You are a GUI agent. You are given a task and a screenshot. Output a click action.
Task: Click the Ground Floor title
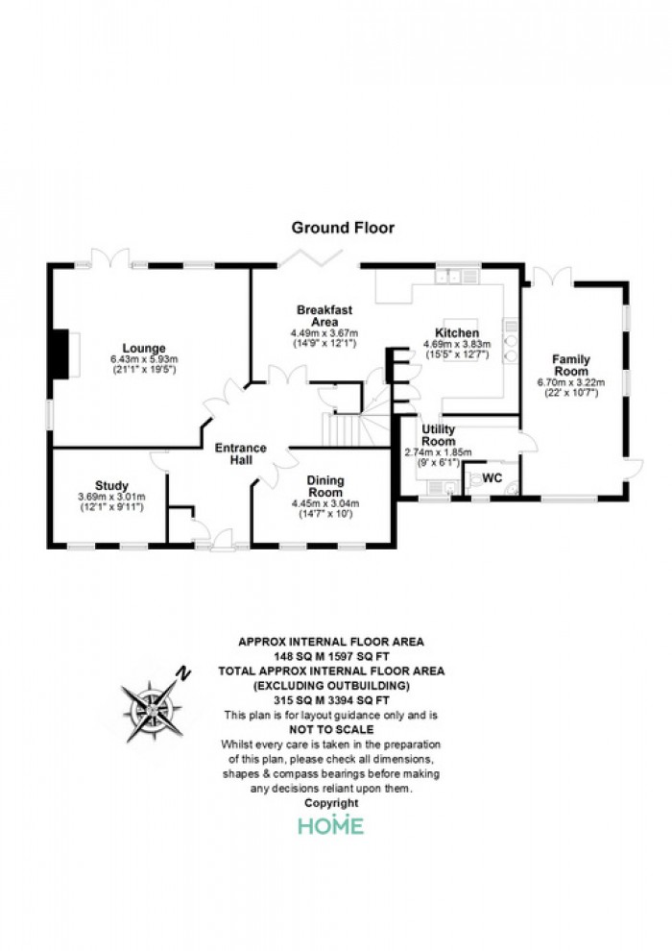[343, 228]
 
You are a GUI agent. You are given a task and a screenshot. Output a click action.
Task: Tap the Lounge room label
[144, 348]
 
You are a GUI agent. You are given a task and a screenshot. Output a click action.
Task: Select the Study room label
[112, 486]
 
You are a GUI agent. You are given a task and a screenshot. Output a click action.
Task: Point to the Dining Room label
[326, 486]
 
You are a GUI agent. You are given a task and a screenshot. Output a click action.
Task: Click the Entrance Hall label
[241, 453]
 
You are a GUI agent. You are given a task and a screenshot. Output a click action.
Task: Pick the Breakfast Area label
[324, 315]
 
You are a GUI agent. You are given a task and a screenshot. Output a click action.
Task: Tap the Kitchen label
[457, 333]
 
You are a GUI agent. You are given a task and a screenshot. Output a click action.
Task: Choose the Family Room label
[571, 365]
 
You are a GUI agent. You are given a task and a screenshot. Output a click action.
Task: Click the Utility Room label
[438, 435]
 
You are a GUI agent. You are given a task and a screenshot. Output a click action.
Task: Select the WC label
[492, 478]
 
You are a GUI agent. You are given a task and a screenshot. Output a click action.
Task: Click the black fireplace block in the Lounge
[60, 354]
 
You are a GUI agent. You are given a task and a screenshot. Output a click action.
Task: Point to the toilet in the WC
[474, 478]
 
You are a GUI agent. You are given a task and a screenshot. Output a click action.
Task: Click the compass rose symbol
[152, 711]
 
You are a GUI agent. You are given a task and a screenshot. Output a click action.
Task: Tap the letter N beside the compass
[183, 672]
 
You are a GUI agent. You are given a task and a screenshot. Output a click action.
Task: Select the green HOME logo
[331, 825]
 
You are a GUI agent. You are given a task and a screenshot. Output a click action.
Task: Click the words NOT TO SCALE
[331, 730]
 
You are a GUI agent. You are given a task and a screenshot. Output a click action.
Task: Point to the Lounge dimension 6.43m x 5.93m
[144, 359]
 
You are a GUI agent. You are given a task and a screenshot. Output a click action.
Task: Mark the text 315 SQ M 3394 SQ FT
[331, 700]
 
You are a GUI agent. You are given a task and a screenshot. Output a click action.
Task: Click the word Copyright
[331, 803]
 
